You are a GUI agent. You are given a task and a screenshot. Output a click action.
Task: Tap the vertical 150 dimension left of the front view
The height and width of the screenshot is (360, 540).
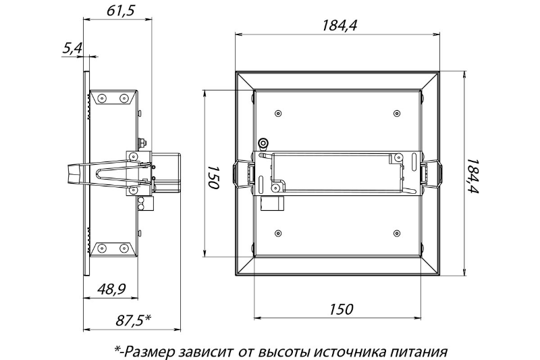click(214, 175)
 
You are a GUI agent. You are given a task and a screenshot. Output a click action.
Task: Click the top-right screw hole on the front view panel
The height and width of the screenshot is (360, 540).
click(395, 113)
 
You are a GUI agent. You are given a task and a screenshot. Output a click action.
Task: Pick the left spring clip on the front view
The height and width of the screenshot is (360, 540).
click(244, 175)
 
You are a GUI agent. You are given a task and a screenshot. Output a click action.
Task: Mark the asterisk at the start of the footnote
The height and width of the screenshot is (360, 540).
click(117, 350)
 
